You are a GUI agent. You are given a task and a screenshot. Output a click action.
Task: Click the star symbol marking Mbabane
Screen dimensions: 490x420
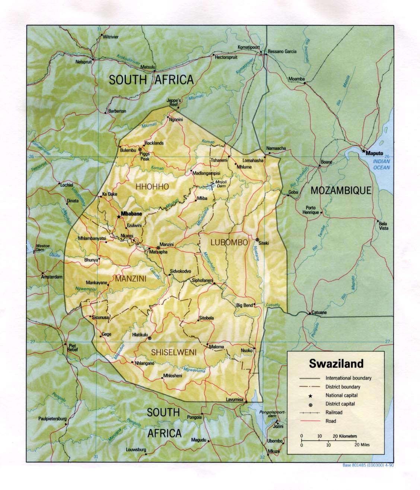pyautogui.click(x=119, y=216)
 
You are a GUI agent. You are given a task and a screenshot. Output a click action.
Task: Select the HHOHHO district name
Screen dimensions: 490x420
pyautogui.click(x=152, y=186)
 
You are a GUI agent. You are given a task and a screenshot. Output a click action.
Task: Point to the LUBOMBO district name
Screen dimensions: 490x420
pyautogui.click(x=229, y=242)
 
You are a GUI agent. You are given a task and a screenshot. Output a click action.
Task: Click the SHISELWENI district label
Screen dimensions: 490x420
pyautogui.click(x=174, y=352)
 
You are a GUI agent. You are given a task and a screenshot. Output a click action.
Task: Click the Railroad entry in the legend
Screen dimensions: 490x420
pyautogui.click(x=334, y=412)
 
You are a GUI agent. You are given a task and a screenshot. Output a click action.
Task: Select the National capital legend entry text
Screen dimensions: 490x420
pyautogui.click(x=341, y=395)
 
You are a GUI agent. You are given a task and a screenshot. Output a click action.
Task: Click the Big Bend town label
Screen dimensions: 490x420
pyautogui.click(x=245, y=305)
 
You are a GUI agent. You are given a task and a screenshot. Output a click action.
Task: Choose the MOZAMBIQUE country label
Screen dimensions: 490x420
pyautogui.click(x=341, y=191)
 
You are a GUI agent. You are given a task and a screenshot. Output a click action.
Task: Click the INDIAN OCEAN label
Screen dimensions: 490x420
pyautogui.click(x=382, y=164)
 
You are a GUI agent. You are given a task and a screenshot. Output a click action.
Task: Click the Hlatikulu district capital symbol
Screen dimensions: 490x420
pyautogui.click(x=150, y=338)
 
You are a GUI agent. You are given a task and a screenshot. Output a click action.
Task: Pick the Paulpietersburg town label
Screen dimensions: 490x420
pyautogui.click(x=52, y=419)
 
